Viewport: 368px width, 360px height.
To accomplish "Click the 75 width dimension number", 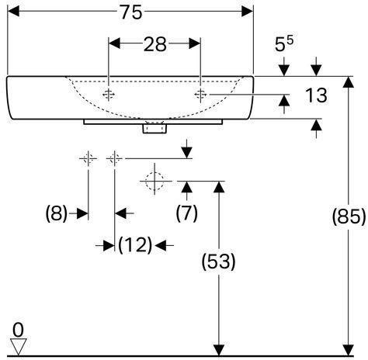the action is click(131, 12).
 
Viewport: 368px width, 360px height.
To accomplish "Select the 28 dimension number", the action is click(154, 44).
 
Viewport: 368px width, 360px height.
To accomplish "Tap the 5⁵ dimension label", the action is click(284, 43).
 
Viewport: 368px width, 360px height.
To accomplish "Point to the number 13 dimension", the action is click(316, 95).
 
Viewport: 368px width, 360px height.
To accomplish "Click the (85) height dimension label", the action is click(349, 216).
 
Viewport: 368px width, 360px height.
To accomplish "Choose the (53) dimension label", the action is click(219, 261).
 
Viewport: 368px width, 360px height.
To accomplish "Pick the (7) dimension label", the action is click(186, 213).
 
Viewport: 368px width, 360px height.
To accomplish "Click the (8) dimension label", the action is click(57, 213).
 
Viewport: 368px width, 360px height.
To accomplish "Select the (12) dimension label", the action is click(135, 244).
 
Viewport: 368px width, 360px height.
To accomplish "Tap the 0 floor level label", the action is click(18, 330).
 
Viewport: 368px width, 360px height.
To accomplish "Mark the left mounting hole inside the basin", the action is click(109, 95).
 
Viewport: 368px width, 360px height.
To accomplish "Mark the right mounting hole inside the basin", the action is click(200, 95).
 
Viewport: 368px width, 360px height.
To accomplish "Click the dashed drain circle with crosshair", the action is click(154, 181).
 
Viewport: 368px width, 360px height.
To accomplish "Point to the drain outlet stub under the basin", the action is click(154, 129).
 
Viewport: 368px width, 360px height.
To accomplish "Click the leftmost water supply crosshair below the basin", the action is click(89, 158).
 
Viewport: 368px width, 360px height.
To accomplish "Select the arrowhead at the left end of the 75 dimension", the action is click(13, 12).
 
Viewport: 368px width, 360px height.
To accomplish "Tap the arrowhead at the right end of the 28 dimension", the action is click(195, 43).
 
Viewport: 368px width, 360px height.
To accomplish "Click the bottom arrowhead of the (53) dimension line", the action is click(219, 351).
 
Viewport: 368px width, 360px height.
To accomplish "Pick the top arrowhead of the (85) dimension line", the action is click(349, 82).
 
